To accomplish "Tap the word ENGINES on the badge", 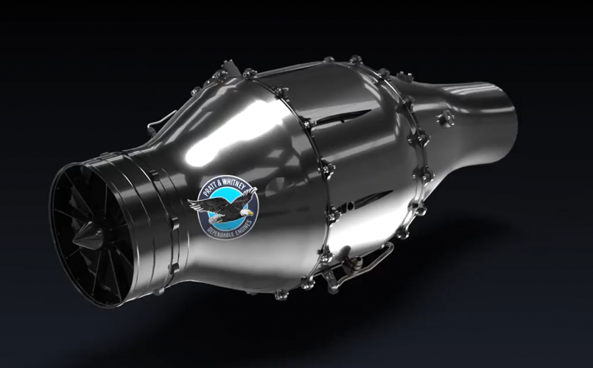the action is pyautogui.click(x=243, y=229).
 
